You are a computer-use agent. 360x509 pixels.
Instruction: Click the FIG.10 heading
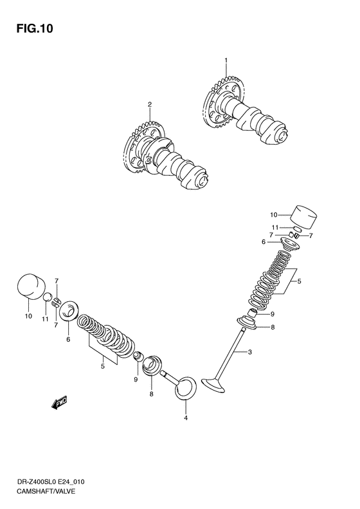coord(35,28)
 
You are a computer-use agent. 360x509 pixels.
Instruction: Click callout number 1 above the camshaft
coord(226,60)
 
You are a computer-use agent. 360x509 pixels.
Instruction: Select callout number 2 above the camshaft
coord(150,104)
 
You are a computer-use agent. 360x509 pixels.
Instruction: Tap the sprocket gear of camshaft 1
coord(222,100)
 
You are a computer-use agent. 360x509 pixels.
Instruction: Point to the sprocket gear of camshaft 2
coord(142,147)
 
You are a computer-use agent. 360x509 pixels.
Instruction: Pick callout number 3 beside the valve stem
coord(249,352)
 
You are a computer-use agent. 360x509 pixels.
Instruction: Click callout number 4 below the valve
coord(186,418)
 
